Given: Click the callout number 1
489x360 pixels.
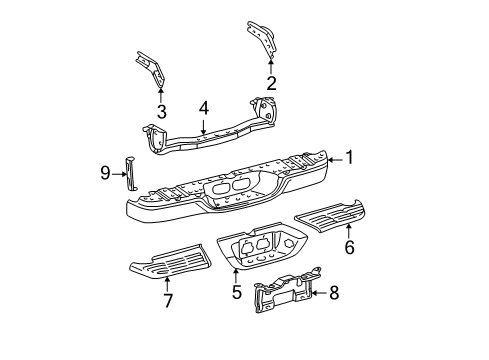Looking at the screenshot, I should (x=349, y=156).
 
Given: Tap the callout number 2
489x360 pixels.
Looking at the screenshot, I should (x=272, y=83).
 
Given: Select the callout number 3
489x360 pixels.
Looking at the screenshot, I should (x=162, y=111).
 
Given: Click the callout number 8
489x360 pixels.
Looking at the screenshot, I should (x=335, y=293).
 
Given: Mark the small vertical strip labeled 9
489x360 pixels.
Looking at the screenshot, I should (x=130, y=172).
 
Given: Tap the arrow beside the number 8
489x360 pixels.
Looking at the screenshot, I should (x=318, y=293).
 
